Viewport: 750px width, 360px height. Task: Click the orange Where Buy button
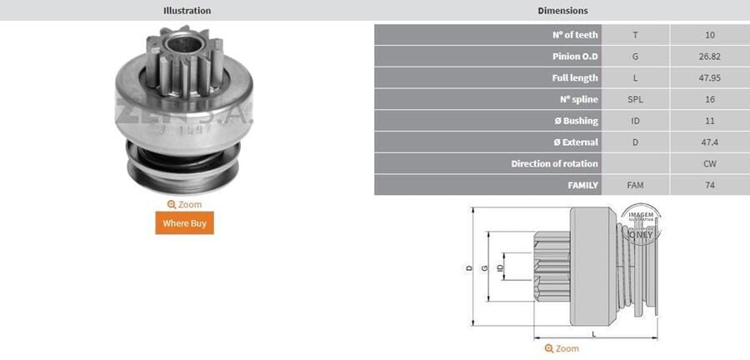tap(184, 222)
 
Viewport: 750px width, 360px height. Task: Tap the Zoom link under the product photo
tap(184, 204)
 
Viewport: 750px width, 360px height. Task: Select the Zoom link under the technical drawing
tap(562, 348)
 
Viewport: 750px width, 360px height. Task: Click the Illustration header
tap(187, 11)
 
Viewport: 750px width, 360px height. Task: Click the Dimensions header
tap(563, 11)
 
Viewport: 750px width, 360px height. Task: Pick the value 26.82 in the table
tap(709, 57)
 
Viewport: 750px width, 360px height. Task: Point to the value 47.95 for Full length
tap(709, 77)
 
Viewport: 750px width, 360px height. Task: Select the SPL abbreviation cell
tap(635, 99)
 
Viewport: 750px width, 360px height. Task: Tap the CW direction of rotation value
tap(709, 164)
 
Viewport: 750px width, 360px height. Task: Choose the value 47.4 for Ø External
tap(709, 142)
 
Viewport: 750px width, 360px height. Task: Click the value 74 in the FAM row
tap(709, 185)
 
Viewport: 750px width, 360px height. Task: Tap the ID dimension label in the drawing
tap(499, 267)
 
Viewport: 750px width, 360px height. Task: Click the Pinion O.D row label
tap(576, 57)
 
